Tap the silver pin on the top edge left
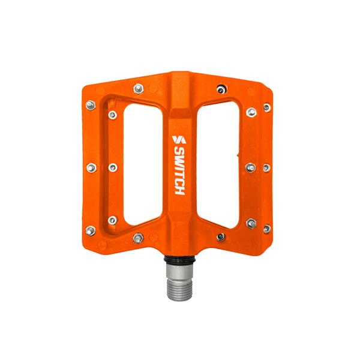[x=138, y=89]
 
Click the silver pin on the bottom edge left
[x=138, y=238]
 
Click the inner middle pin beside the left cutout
[x=112, y=167]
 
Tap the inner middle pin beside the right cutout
[x=250, y=167]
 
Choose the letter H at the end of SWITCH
[x=178, y=190]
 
